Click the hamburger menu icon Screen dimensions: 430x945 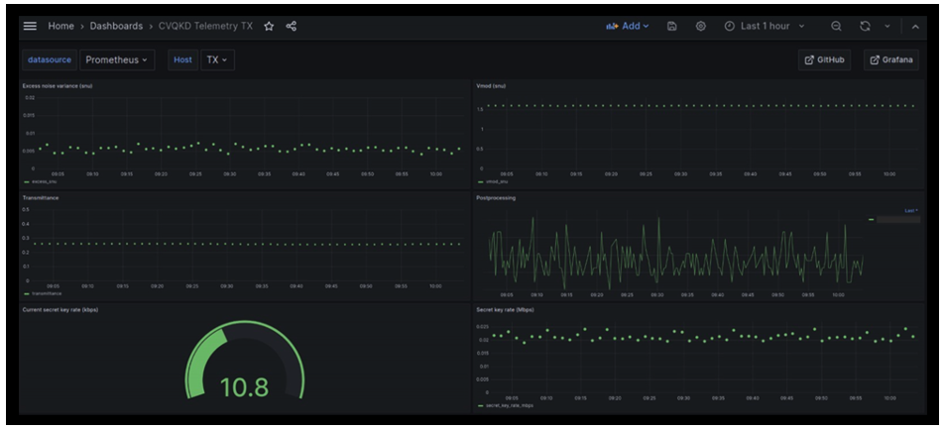tap(31, 26)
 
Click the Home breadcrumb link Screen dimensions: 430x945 tap(60, 26)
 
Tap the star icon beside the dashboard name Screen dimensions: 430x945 tap(269, 26)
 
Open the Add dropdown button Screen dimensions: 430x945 tap(628, 26)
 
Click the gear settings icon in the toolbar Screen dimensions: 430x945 tap(700, 26)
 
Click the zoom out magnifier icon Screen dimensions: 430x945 tap(836, 26)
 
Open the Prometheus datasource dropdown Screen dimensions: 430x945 tap(117, 59)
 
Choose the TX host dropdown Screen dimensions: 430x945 tap(215, 59)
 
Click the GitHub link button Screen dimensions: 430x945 tap(824, 59)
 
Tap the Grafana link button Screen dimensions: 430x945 tap(890, 59)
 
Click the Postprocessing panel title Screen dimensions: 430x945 tap(496, 197)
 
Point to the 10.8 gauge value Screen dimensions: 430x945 tap(243, 387)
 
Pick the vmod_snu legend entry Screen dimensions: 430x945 tap(499, 181)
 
